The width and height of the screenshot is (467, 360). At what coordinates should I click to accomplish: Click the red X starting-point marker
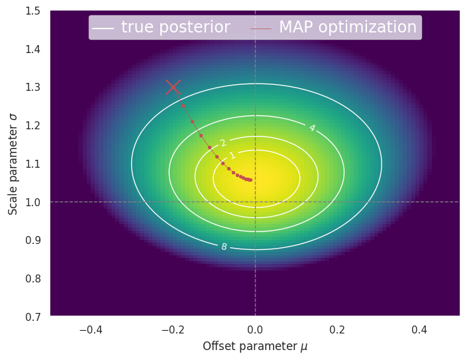click(x=173, y=87)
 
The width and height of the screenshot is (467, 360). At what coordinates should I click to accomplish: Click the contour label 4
click(x=311, y=128)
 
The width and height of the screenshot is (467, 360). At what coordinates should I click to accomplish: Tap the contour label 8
click(x=224, y=247)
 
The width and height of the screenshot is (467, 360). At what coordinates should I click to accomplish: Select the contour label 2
click(x=223, y=143)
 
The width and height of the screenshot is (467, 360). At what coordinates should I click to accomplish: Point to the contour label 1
click(x=233, y=156)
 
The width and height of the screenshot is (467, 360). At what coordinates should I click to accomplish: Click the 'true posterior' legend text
click(x=176, y=27)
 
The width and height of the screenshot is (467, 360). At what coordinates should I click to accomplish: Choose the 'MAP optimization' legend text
click(x=347, y=27)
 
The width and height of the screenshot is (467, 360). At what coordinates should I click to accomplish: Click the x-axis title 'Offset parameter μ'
click(x=255, y=346)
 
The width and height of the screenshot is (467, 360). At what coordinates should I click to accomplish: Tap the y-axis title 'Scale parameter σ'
click(x=13, y=163)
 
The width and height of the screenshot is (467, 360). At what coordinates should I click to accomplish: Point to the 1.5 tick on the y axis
click(x=32, y=11)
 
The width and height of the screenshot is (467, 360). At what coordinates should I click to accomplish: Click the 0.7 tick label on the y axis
click(x=32, y=316)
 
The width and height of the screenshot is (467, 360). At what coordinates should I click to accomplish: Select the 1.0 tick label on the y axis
click(x=32, y=202)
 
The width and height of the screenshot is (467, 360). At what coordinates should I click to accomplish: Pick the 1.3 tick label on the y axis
click(x=32, y=87)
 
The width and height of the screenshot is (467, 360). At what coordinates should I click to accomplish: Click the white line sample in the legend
click(x=103, y=28)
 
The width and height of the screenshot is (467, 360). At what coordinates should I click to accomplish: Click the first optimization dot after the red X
click(x=183, y=105)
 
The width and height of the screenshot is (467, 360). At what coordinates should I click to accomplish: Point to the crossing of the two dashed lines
click(x=255, y=202)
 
